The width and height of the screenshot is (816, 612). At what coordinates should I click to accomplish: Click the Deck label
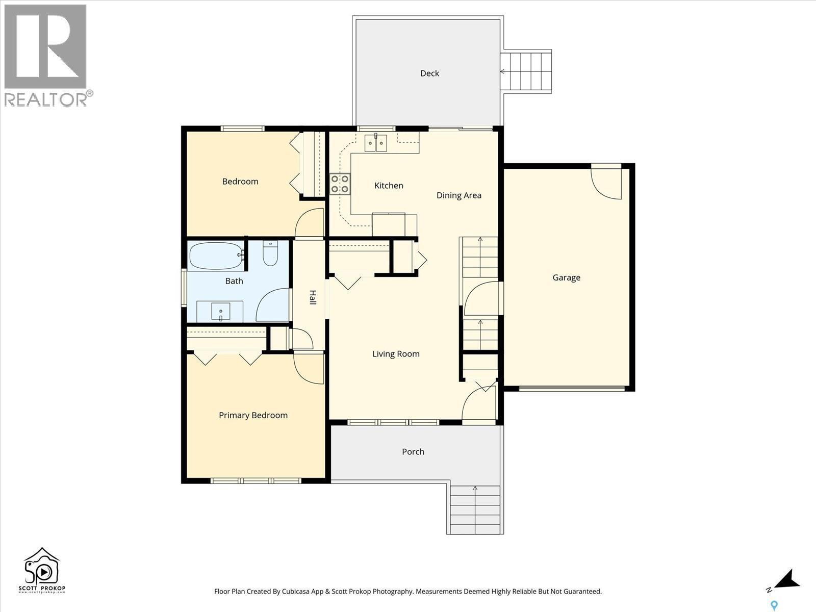(x=429, y=73)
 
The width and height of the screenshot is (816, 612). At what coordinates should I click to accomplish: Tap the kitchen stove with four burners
(x=340, y=184)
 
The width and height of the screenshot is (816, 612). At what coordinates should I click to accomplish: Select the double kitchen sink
(x=376, y=143)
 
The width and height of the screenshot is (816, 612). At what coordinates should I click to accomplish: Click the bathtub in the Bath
(x=216, y=256)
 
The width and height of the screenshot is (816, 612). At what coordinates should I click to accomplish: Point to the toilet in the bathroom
(x=270, y=253)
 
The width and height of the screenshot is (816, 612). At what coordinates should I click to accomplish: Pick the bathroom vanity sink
(x=220, y=311)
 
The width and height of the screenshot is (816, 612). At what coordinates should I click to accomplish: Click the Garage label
(x=566, y=278)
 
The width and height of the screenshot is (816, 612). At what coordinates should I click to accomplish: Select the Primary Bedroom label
(x=253, y=415)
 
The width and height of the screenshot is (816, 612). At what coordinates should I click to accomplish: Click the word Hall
(x=313, y=297)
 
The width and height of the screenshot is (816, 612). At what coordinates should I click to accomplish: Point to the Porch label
(x=413, y=452)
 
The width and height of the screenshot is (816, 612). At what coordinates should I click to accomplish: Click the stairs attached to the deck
(x=526, y=71)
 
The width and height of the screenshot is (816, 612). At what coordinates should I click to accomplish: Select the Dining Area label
(x=458, y=195)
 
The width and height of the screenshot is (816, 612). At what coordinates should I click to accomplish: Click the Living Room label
(x=396, y=354)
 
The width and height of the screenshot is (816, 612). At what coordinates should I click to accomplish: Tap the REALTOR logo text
(x=46, y=99)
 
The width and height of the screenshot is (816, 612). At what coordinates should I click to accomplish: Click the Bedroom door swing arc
(x=310, y=223)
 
